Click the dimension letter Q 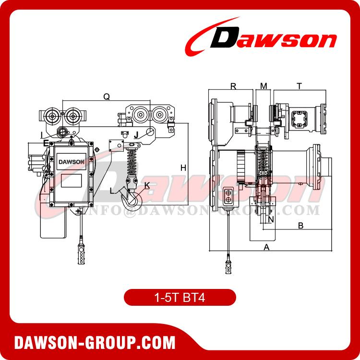point(107,96)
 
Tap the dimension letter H point(183,168)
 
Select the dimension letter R point(234,86)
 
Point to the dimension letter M point(263,86)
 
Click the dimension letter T point(299,86)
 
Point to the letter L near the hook point(112,191)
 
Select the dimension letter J point(136,135)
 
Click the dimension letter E point(46,143)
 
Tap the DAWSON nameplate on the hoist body point(71,162)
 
